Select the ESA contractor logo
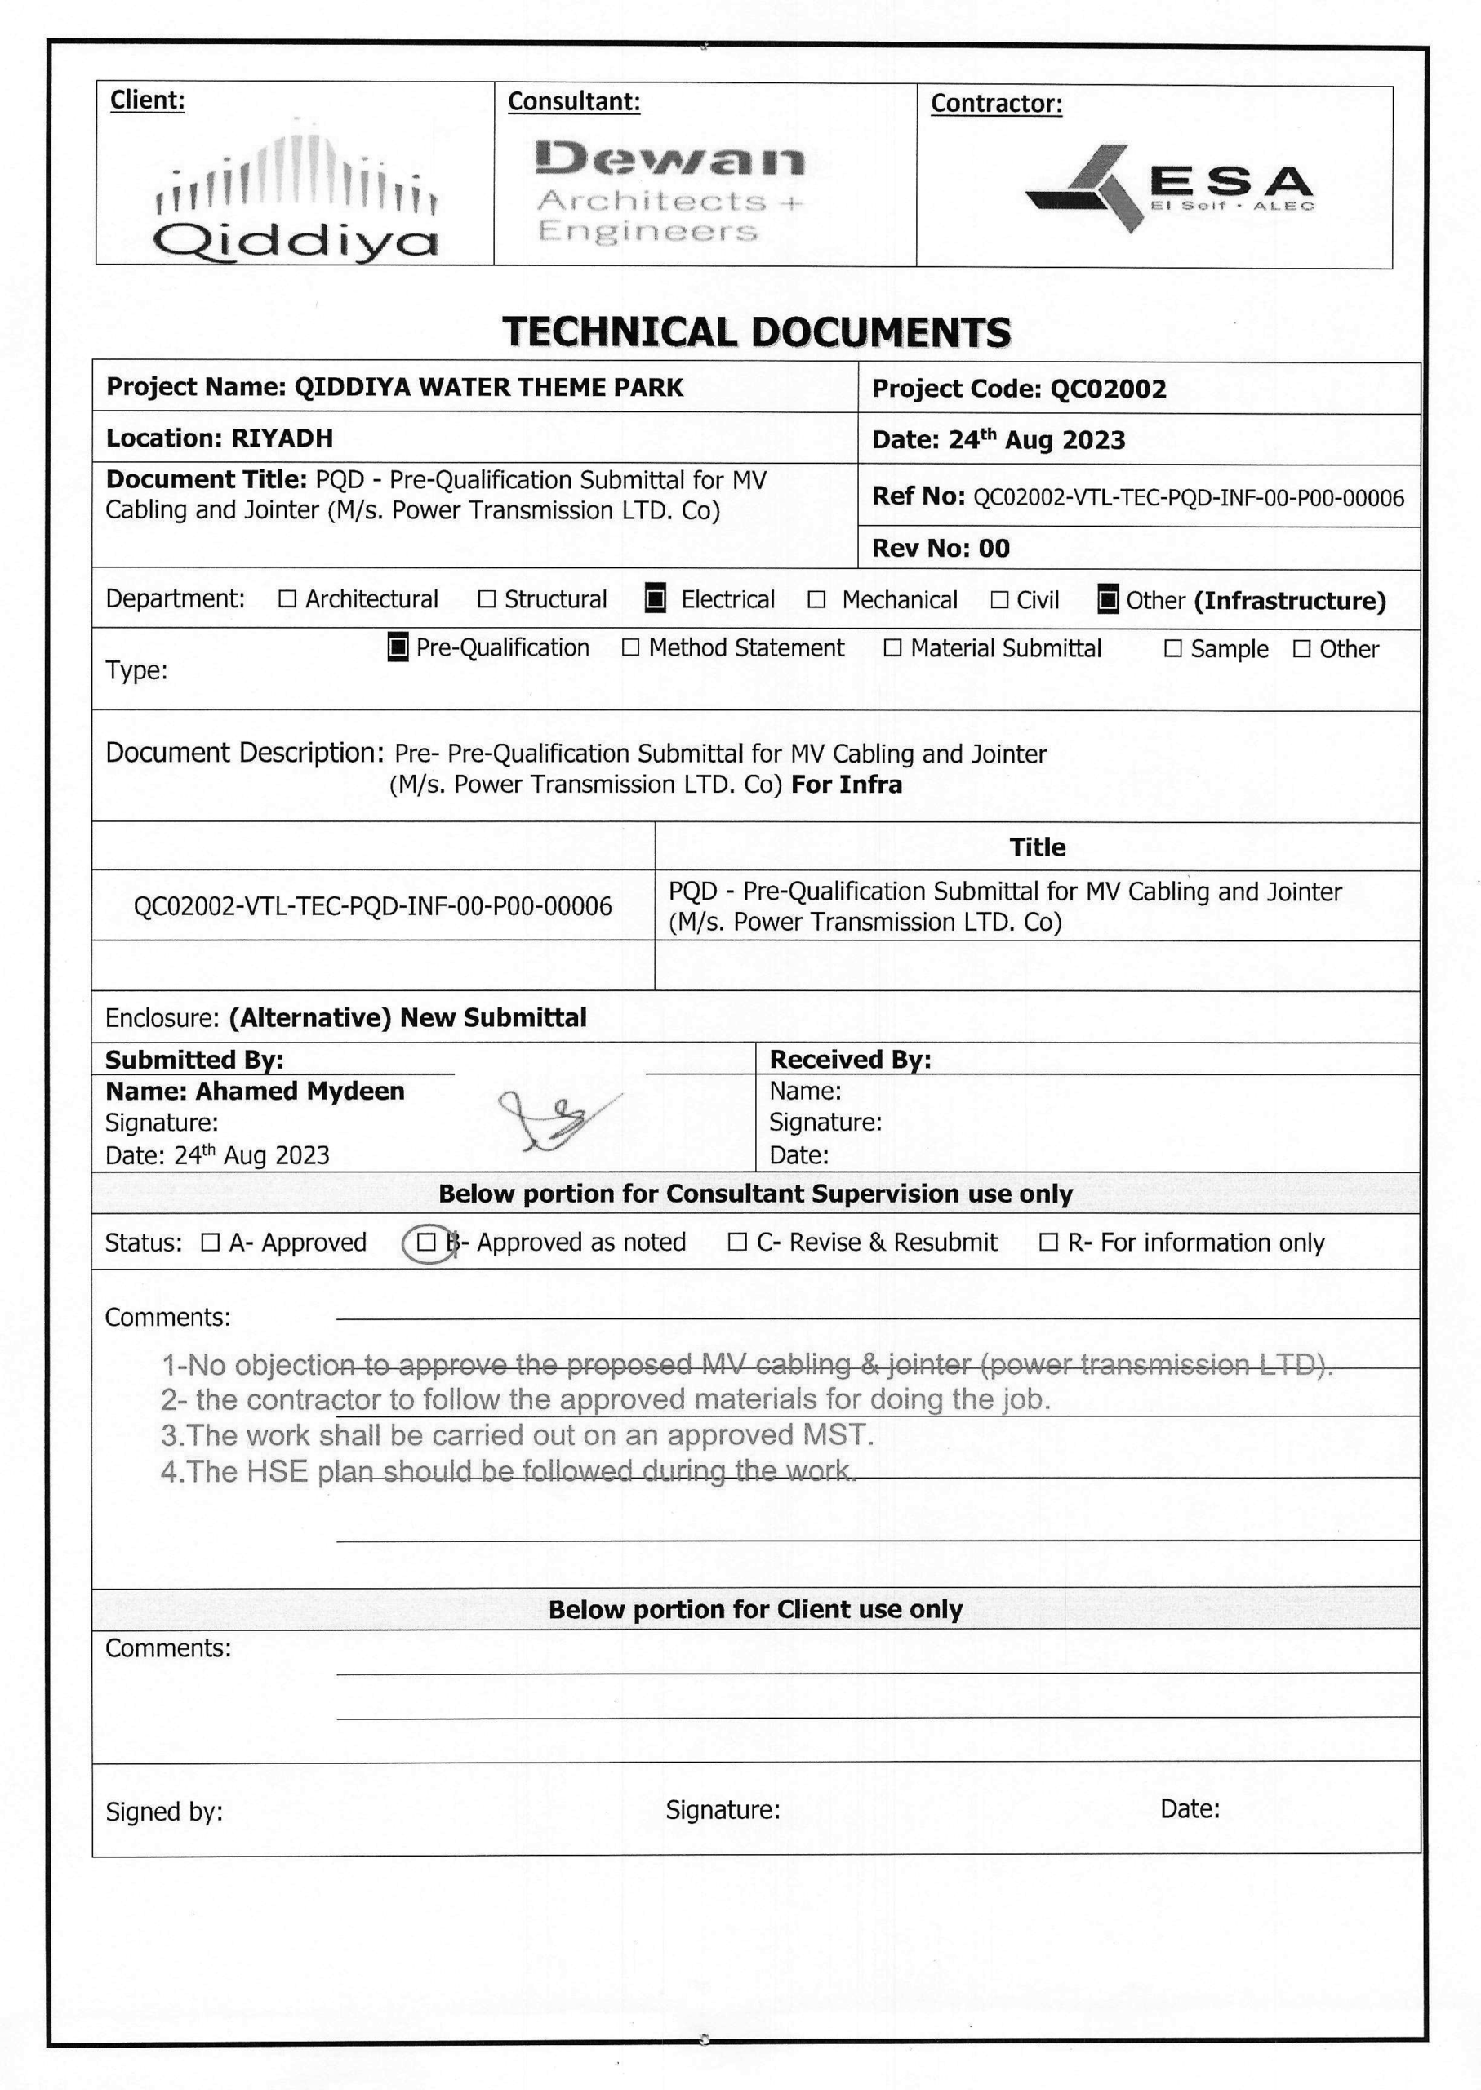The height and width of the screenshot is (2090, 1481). (1169, 188)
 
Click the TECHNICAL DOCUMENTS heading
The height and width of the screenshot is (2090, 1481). (756, 332)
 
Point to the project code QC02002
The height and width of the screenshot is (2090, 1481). (1108, 389)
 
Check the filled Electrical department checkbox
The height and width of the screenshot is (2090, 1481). (655, 599)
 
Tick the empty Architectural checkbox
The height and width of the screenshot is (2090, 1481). (288, 599)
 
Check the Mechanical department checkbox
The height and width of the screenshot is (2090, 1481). (817, 600)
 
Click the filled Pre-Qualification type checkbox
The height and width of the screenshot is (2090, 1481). (398, 647)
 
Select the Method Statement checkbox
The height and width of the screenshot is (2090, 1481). (630, 647)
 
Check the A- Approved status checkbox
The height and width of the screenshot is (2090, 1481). (211, 1242)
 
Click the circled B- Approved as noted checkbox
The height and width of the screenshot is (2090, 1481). (426, 1242)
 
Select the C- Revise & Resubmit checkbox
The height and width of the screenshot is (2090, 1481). (738, 1242)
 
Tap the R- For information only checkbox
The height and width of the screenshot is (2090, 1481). (1050, 1242)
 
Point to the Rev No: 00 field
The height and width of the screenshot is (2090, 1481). (941, 548)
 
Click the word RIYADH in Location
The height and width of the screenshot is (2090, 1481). (282, 438)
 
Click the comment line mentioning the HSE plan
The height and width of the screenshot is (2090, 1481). (508, 1471)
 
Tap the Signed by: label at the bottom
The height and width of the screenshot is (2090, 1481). (164, 1811)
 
